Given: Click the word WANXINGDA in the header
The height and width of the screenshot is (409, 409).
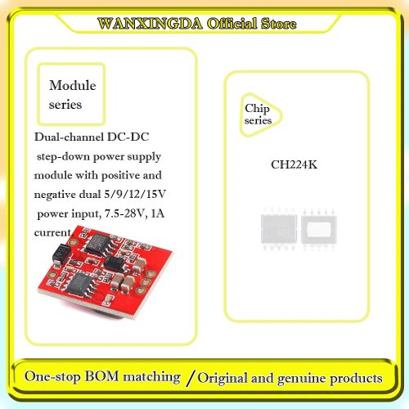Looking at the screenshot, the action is tap(150, 24).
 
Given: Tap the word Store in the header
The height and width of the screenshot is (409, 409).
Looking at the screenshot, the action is tap(278, 24).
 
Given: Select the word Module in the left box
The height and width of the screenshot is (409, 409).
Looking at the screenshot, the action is tap(73, 85).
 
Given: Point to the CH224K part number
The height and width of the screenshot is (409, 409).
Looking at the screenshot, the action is tap(294, 164).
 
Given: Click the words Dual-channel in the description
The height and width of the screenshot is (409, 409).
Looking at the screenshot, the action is tap(69, 137).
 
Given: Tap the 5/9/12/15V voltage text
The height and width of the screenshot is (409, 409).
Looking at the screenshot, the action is tap(135, 194).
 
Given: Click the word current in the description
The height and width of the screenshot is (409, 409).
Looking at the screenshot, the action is tap(52, 232).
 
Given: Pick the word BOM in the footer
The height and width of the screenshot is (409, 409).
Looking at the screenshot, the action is tap(101, 376).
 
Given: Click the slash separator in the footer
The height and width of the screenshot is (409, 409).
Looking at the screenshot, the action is tap(191, 378).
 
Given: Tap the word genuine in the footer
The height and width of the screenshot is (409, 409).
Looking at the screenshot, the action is tap(302, 379).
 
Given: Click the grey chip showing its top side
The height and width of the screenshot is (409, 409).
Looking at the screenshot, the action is tap(278, 228).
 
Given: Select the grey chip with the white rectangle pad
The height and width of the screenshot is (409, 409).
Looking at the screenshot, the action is tap(319, 228).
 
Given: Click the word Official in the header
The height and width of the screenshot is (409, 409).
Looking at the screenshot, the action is tap(231, 24).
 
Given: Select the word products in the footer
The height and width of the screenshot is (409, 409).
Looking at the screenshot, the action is tap(356, 379).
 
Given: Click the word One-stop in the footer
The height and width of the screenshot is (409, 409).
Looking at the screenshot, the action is tap(52, 376).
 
